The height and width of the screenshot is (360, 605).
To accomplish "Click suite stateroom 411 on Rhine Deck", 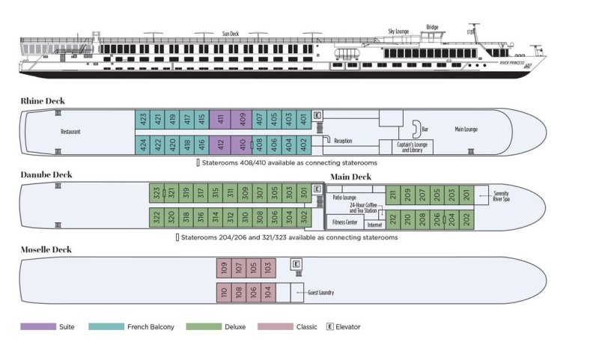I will pos(221,120).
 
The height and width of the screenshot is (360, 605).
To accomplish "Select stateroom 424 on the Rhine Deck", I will pos(142,144).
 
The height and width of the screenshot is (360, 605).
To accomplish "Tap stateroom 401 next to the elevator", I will pos(303,120).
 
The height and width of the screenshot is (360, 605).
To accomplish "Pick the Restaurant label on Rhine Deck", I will pos(70,132).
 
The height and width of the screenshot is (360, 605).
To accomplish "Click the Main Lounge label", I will pos(466,129).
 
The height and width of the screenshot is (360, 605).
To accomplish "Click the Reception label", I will pos(343,141).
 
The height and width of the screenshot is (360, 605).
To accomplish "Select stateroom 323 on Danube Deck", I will pos(156,194).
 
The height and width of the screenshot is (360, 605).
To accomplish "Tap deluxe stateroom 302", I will pos(303,218).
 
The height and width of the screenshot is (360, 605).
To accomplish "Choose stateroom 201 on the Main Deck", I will pos(466,195).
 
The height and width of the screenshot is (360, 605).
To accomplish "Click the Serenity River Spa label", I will pos(502,196).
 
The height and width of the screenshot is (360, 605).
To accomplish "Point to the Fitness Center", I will pos(344,222).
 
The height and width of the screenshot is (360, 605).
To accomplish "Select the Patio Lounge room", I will pos(344,198).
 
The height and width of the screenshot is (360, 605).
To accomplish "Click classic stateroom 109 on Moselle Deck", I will pos(224,268).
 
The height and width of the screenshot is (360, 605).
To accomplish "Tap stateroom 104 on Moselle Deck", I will pos(268,292).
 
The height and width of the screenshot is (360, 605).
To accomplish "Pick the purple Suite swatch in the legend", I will pos(38,326).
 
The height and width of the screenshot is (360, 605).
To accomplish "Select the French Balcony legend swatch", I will pos(106,326).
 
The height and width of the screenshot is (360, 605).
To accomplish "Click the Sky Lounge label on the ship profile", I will pos(398,31).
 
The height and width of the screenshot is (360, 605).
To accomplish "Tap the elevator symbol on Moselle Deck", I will pos(297,263).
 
